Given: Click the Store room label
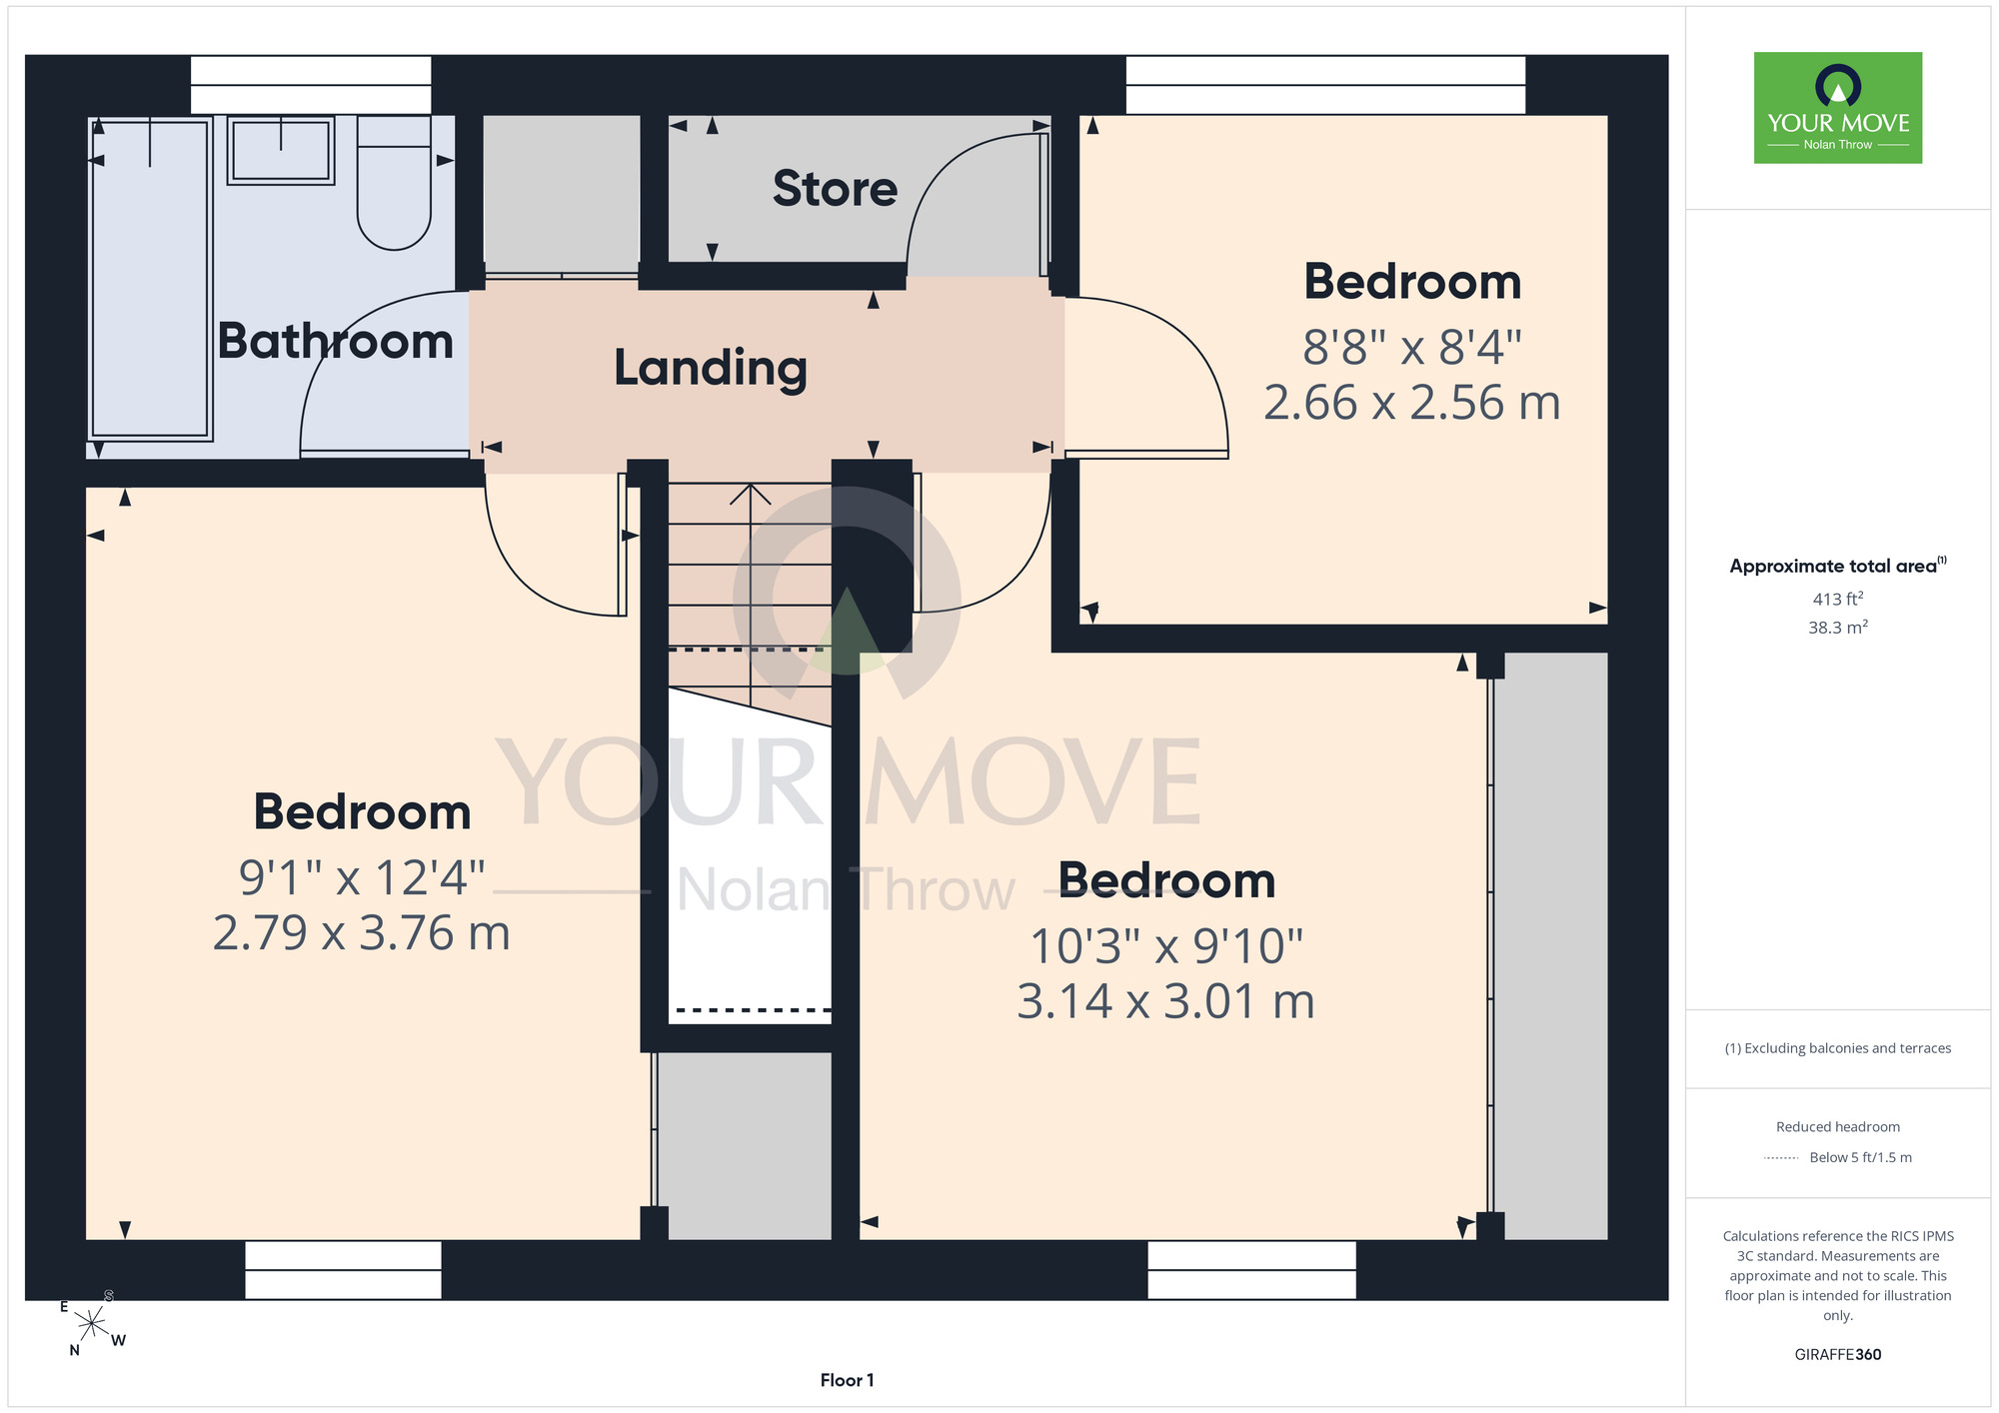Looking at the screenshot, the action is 835,189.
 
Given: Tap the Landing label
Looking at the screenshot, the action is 711,368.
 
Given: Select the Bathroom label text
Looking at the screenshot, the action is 336,341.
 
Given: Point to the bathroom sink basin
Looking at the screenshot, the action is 281,150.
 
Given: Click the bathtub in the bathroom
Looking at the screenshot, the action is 150,279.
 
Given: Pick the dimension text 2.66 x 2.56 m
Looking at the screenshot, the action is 1411,403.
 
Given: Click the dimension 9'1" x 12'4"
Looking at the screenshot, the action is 362,878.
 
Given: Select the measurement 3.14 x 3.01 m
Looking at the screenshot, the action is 1165,1001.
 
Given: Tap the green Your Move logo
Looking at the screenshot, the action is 1838,108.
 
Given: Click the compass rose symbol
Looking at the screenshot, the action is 92,1324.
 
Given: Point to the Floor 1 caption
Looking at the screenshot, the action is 847,1380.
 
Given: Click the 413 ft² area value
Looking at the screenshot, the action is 1838,599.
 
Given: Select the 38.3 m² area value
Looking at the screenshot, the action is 1838,628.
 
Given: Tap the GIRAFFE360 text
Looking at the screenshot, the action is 1838,1355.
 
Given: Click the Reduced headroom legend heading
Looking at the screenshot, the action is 1838,1127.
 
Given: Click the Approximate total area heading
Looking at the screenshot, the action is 1838,566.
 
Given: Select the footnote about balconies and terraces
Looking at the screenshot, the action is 1838,1048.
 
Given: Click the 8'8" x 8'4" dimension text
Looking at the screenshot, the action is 1411,349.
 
